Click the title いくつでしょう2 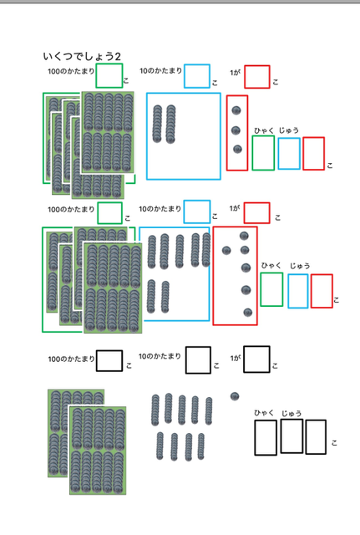point(82,56)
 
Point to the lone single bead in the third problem point(235,396)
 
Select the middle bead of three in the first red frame point(236,130)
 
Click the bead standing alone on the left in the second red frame point(226,251)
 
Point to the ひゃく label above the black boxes point(264,413)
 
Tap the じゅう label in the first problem point(289,130)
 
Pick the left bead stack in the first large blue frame point(157,124)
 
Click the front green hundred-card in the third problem point(98,451)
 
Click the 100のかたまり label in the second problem point(71,209)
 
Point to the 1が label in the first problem point(235,73)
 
